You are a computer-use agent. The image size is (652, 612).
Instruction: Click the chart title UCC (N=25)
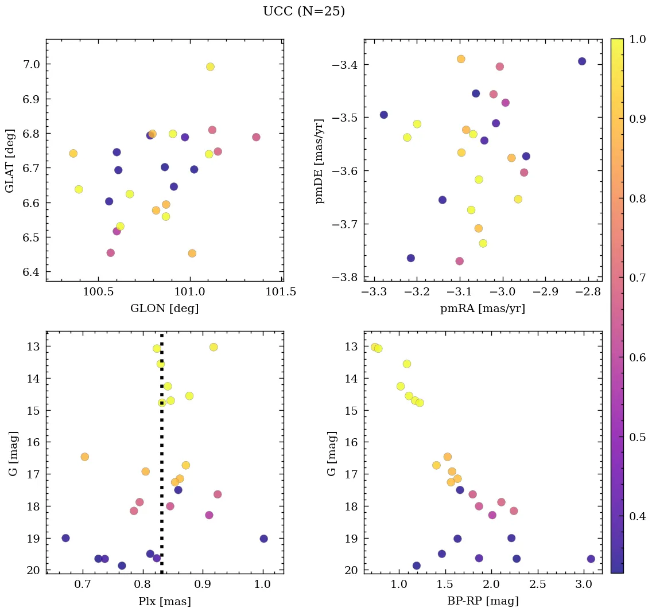(x=304, y=11)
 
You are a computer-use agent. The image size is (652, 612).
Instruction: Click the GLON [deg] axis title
(x=164, y=309)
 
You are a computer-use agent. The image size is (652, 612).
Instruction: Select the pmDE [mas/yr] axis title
(x=320, y=161)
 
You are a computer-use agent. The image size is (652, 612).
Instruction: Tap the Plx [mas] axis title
(x=164, y=601)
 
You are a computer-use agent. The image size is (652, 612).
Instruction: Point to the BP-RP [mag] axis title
(x=482, y=601)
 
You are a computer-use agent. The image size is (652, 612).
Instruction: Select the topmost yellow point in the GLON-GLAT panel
(x=210, y=67)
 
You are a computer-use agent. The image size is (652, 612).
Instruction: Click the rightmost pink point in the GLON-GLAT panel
(x=256, y=137)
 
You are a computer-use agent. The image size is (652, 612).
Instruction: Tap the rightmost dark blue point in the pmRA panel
(x=582, y=61)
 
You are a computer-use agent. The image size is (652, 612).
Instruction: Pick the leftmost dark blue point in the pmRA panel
(x=384, y=115)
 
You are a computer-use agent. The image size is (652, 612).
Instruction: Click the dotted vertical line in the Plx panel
(x=162, y=459)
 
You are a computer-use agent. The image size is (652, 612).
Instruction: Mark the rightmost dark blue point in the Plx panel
(x=263, y=539)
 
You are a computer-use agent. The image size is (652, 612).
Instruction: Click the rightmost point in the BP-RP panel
(x=591, y=559)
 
